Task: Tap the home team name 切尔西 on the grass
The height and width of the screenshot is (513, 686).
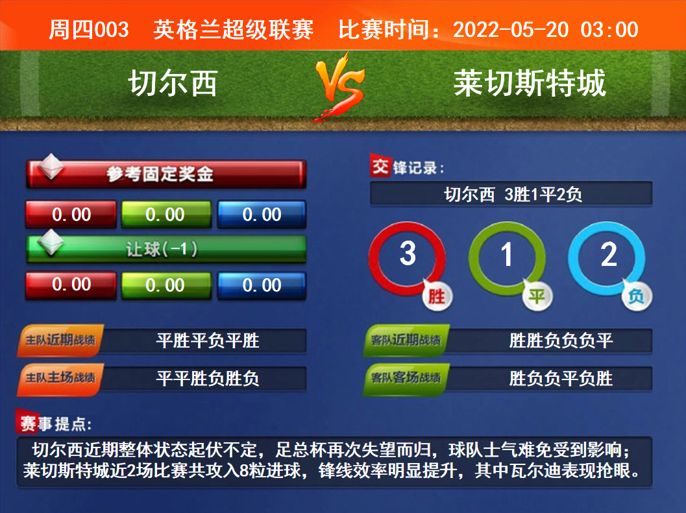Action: (x=173, y=83)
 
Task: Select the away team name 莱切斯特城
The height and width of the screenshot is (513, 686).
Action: (x=530, y=83)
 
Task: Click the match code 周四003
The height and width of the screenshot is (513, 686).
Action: (x=89, y=30)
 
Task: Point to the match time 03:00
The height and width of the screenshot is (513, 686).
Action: (x=609, y=30)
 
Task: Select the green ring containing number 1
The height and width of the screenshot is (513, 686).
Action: (x=472, y=257)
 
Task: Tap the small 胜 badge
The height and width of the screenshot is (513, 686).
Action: (x=437, y=296)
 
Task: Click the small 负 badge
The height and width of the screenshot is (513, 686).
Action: (x=637, y=296)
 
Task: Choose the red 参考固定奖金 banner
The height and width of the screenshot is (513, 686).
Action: (x=166, y=174)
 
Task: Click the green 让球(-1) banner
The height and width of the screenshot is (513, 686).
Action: (x=166, y=249)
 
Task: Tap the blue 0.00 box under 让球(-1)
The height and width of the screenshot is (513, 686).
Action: (x=262, y=285)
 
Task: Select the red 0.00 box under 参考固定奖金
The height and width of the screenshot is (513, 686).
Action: (x=71, y=214)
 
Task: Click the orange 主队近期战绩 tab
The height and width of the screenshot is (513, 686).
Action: (x=60, y=340)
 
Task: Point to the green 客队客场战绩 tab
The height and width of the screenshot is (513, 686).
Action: (x=406, y=378)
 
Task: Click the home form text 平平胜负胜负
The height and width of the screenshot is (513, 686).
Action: (x=208, y=378)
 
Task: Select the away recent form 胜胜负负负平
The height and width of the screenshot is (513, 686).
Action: (x=561, y=340)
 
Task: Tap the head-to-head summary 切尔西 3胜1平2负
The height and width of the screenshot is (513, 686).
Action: (x=513, y=195)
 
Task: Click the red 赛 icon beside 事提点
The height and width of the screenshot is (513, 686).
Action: (x=28, y=423)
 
